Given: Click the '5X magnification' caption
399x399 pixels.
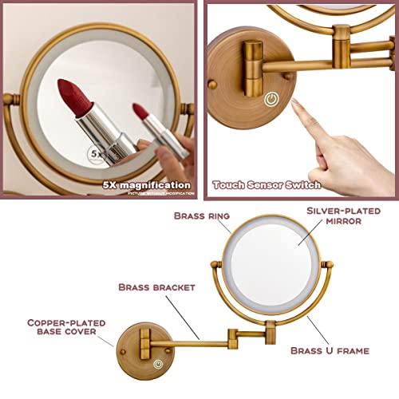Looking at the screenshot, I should tap(146, 184).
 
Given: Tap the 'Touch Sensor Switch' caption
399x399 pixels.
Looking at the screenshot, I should tap(267, 184).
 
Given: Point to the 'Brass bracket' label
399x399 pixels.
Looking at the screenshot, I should tap(148, 286).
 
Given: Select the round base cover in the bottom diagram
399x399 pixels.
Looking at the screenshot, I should tap(144, 349).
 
